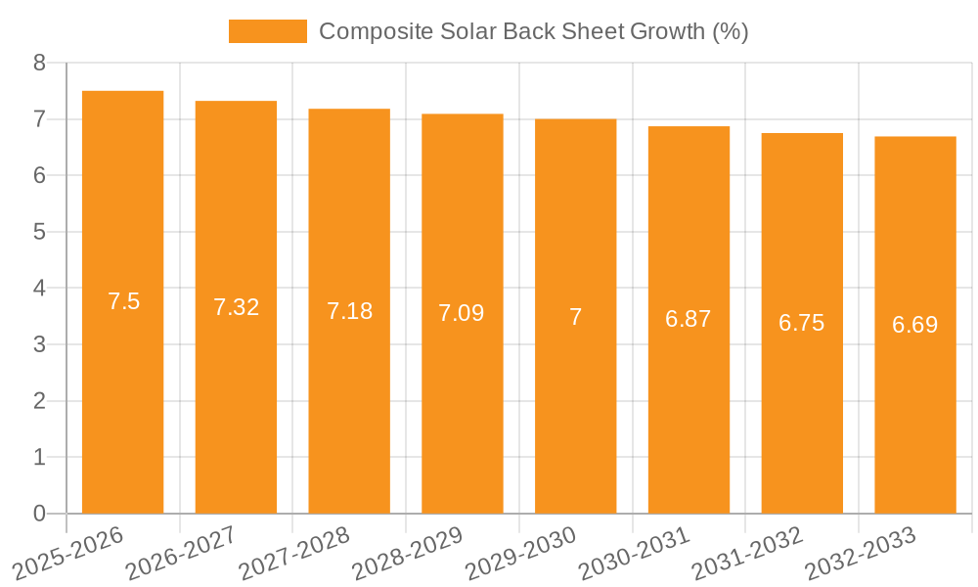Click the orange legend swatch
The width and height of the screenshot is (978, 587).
point(267,31)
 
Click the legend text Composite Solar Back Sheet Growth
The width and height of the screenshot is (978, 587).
point(533,31)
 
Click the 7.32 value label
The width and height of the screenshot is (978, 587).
point(236,307)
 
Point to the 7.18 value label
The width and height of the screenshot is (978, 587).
point(349,311)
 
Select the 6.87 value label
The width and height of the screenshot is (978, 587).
point(689,319)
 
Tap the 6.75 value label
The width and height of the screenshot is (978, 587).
point(802,323)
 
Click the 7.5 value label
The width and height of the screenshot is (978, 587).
point(124,301)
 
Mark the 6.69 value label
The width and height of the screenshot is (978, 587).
point(914,325)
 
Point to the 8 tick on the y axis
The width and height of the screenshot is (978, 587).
point(39,64)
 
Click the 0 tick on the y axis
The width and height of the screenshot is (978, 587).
point(39,514)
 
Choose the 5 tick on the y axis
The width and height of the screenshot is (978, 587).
point(39,232)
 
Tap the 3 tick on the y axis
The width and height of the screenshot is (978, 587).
point(39,344)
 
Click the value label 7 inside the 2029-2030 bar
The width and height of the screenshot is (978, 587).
point(575,317)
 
